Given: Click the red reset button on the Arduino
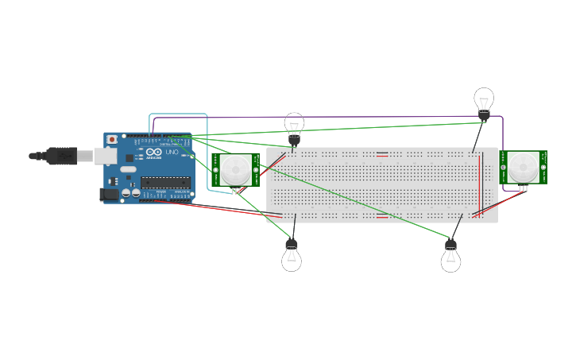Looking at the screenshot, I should click(112, 140).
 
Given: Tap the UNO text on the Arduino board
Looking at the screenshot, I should click(172, 152).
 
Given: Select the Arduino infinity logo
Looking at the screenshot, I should click(153, 152).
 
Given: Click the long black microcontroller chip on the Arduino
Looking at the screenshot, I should click(165, 183).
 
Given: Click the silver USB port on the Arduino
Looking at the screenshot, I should click(105, 156).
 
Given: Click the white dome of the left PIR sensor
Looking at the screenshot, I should click(235, 169).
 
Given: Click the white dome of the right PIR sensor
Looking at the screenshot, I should click(523, 167).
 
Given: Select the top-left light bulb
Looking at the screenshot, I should click(295, 125).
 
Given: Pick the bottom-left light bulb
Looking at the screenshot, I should click(292, 257).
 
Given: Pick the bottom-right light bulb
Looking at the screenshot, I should click(450, 258).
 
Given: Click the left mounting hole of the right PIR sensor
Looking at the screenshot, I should click(503, 167).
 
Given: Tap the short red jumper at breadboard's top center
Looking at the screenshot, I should click(382, 154).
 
